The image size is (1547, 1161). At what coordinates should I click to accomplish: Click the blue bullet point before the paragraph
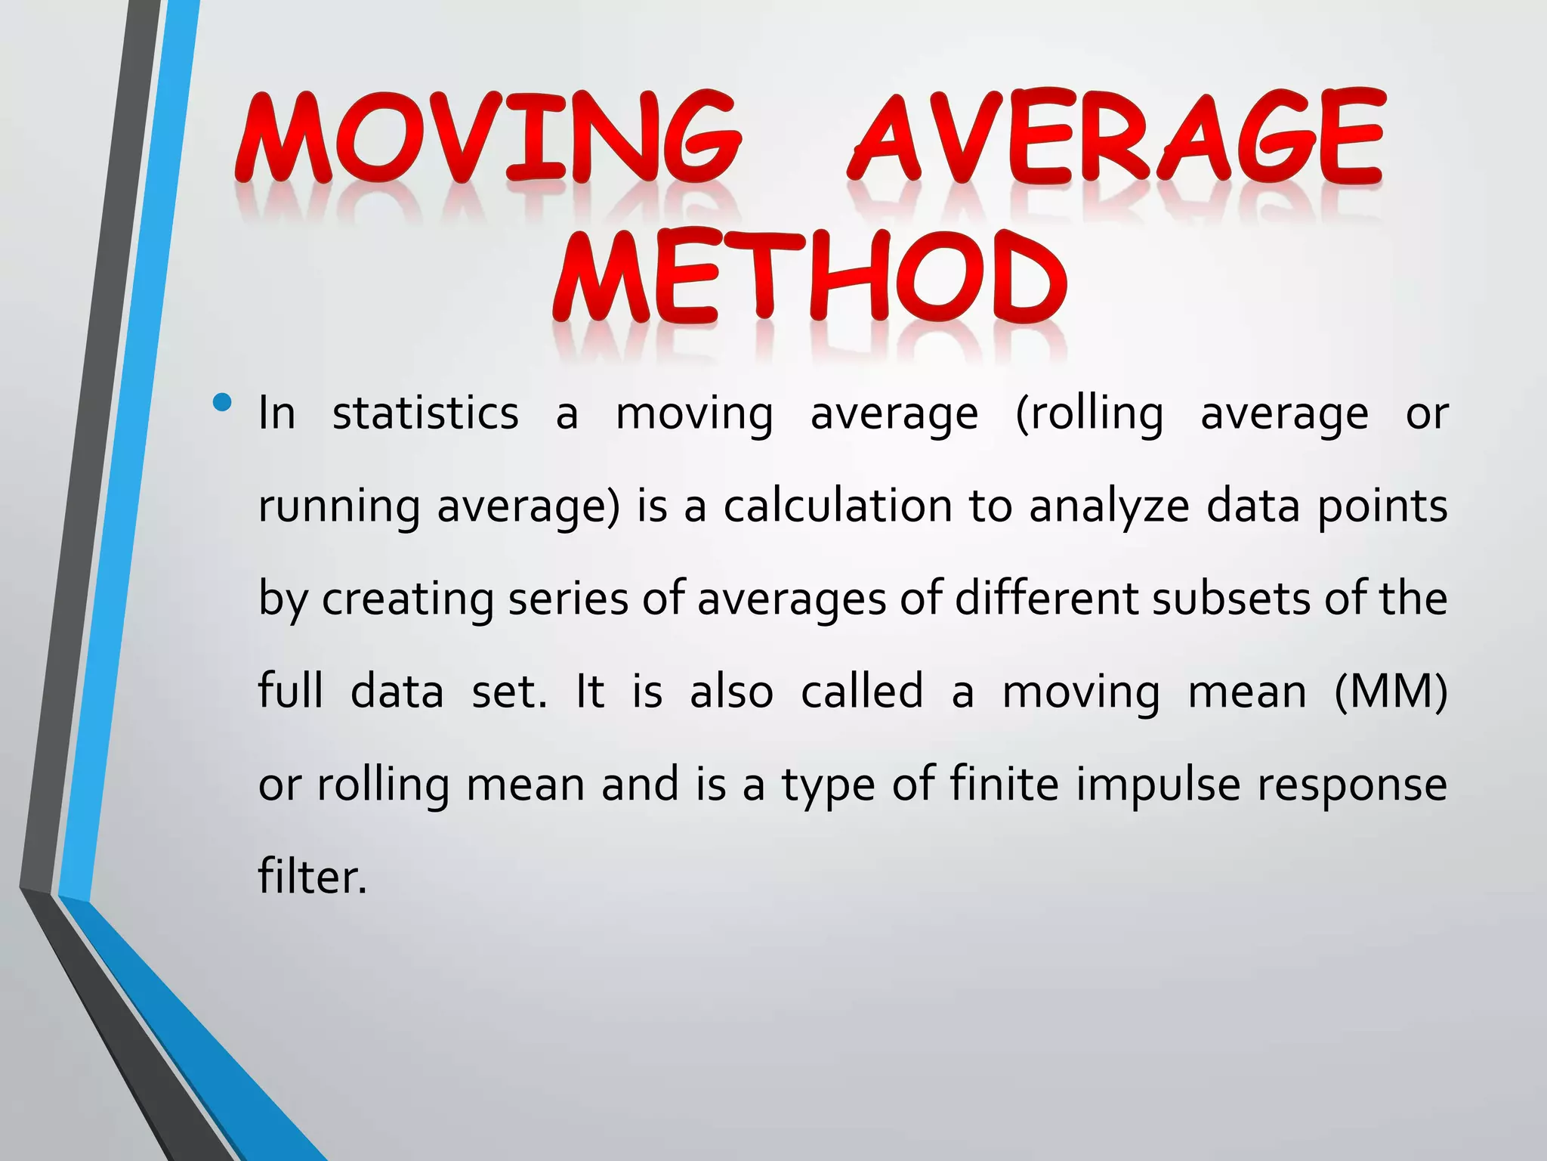pyautogui.click(x=222, y=403)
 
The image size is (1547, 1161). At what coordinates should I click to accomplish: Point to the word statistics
pyautogui.click(x=425, y=413)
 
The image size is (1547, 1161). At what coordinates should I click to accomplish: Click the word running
pyautogui.click(x=338, y=506)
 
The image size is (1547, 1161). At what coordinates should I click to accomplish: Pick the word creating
pyautogui.click(x=407, y=599)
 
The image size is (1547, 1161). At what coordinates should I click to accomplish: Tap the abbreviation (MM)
pyautogui.click(x=1391, y=692)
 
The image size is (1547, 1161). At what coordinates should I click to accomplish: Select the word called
pyautogui.click(x=862, y=691)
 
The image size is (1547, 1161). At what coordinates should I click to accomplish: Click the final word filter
pyautogui.click(x=312, y=877)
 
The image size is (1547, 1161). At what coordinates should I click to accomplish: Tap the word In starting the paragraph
pyautogui.click(x=276, y=413)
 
